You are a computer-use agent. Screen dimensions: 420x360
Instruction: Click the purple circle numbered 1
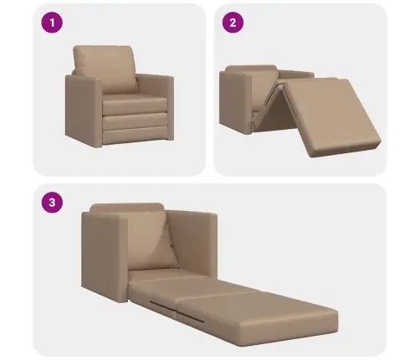[x=52, y=23]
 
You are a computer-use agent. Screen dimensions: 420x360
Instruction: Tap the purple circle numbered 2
[x=233, y=23]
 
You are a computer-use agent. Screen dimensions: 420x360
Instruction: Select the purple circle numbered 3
[x=52, y=203]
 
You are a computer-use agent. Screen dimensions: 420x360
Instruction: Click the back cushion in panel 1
[x=105, y=69]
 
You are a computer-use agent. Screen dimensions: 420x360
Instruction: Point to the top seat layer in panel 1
[x=135, y=104]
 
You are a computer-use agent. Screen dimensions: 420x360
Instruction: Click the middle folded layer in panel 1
[x=136, y=121]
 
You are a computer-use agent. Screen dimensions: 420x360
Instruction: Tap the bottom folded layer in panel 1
[x=136, y=136]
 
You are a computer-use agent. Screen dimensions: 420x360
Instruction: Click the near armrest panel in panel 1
[x=84, y=111]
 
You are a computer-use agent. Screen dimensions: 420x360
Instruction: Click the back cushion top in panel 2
[x=251, y=69]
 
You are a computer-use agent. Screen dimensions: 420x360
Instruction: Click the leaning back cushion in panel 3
[x=152, y=240]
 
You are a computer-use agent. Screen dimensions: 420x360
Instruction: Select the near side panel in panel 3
[x=105, y=257]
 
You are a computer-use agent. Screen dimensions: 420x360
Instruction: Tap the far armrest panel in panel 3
[x=192, y=241]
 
